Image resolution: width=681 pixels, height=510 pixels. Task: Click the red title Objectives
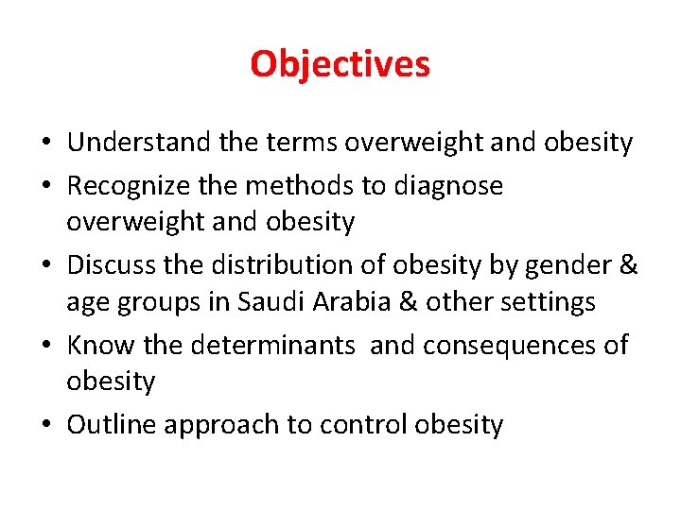340,64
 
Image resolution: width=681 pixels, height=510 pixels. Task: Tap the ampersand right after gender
629,266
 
